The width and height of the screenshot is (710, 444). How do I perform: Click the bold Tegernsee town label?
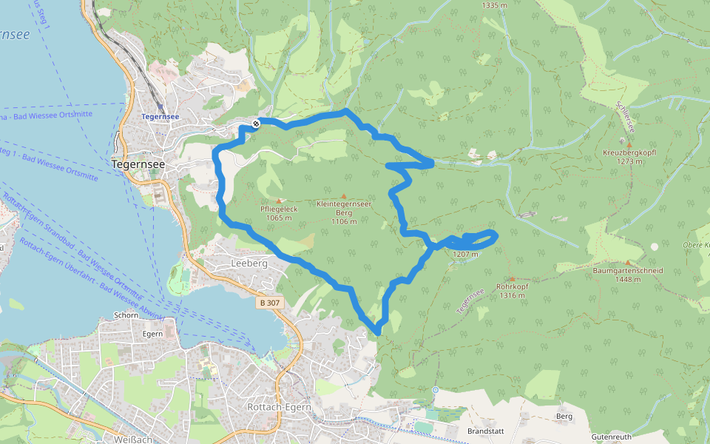[x=138, y=164]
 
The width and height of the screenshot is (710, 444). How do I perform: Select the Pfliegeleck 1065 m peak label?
[x=279, y=213]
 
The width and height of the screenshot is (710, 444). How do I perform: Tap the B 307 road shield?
[x=270, y=303]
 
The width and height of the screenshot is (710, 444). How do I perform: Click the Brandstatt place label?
[x=485, y=430]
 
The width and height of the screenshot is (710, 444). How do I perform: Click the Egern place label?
[x=152, y=334]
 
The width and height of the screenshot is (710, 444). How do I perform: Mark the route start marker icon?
[x=255, y=124]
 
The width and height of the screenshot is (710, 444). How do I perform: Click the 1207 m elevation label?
[x=466, y=255]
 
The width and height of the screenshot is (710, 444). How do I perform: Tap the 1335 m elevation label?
[x=494, y=5]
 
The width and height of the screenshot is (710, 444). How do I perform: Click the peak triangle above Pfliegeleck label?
[x=279, y=201]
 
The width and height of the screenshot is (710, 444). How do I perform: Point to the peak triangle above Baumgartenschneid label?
[x=628, y=263]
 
